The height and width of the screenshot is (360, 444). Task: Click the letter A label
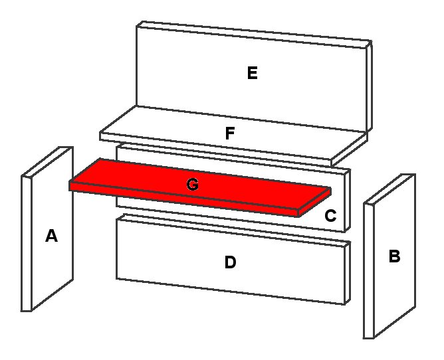51,235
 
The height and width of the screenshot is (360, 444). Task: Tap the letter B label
394,256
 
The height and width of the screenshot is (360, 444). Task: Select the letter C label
330,216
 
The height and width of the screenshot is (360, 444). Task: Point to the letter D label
230,262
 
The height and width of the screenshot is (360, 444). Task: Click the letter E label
252,73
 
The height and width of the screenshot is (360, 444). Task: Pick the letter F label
230,133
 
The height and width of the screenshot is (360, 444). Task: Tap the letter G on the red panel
192,185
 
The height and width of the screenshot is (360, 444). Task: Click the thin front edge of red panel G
186,201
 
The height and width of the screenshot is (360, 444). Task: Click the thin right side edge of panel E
370,86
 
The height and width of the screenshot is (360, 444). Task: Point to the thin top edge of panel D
233,230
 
